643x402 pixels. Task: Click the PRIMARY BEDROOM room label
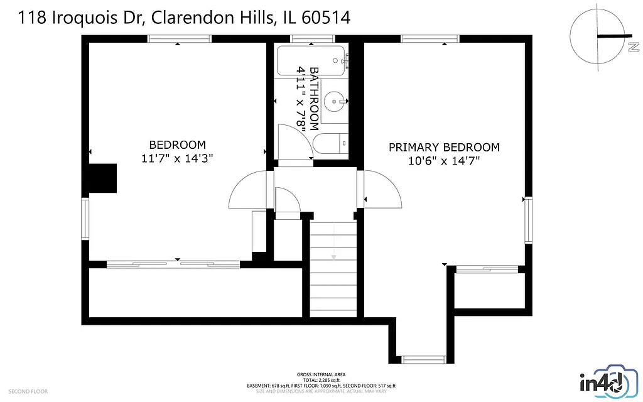click(x=444, y=147)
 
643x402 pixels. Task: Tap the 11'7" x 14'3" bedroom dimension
click(x=178, y=159)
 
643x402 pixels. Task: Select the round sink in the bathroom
click(x=338, y=99)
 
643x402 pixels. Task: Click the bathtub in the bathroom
click(x=311, y=60)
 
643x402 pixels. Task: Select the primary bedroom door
click(x=381, y=189)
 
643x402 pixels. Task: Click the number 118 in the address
click(x=31, y=18)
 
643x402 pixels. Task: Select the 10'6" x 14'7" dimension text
click(x=444, y=161)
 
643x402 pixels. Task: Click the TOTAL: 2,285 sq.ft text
click(x=321, y=380)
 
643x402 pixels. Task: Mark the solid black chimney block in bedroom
click(x=103, y=178)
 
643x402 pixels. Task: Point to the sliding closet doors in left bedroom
click(x=173, y=264)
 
